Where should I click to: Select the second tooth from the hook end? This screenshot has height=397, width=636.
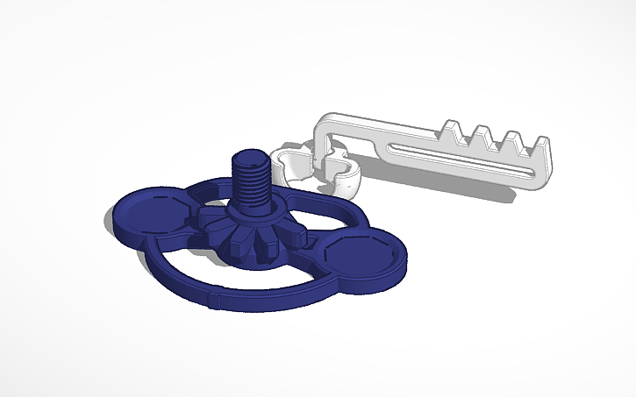click(x=482, y=134)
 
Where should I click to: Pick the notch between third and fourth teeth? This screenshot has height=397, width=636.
click(x=525, y=149)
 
